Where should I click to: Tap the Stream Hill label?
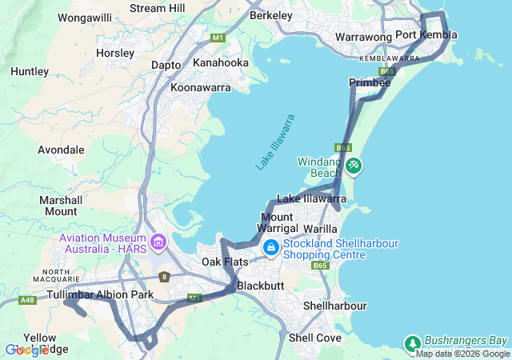click(x=157, y=8)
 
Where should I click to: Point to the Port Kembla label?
click(x=426, y=34)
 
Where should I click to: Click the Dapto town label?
click(x=166, y=65)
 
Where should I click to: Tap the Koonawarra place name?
click(x=199, y=86)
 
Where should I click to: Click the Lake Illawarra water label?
click(x=275, y=142)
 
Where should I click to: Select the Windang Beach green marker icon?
click(x=353, y=166)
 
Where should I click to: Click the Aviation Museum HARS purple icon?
click(x=158, y=241)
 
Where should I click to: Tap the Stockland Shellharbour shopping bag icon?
click(x=271, y=248)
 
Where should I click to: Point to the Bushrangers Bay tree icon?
click(x=412, y=342)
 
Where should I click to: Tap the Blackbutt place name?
click(x=262, y=286)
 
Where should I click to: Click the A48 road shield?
click(x=27, y=300)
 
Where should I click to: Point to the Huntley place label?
click(x=30, y=71)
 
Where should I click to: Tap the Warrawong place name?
click(x=362, y=37)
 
